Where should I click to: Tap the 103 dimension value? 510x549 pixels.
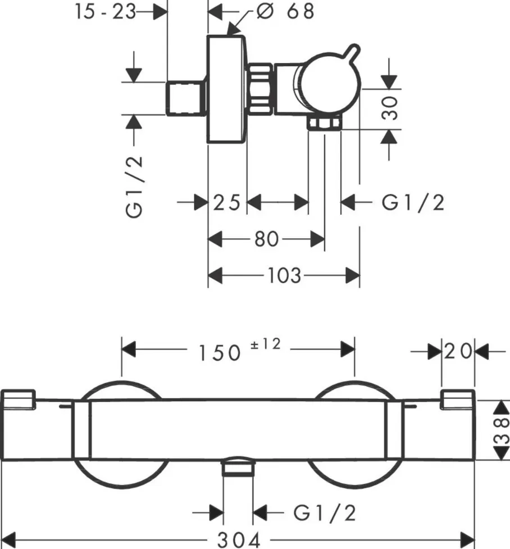(285, 276)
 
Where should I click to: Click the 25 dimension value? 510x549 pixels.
(227, 202)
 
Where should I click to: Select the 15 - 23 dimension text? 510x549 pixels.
(106, 12)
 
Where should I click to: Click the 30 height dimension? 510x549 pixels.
(391, 107)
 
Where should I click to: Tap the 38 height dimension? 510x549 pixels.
(502, 430)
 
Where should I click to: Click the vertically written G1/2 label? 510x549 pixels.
(135, 185)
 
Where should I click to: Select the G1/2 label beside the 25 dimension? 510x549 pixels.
(413, 202)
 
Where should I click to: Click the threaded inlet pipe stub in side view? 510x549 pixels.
(188, 98)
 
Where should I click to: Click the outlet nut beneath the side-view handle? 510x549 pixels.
(325, 123)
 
